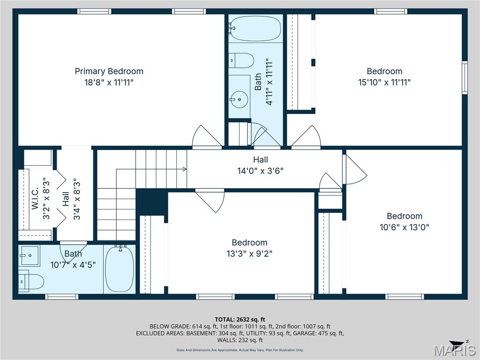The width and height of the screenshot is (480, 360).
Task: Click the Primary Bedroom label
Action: [x=109, y=71]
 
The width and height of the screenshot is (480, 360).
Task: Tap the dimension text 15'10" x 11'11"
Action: [x=384, y=82]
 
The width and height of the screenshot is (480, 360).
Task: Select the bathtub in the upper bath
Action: [x=256, y=29]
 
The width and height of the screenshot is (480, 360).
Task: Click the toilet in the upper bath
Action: [x=241, y=60]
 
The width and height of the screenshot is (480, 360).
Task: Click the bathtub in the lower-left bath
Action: [x=119, y=269]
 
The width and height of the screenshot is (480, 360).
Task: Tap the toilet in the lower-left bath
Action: [x=31, y=281]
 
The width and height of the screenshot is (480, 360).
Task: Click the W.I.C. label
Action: [x=35, y=199]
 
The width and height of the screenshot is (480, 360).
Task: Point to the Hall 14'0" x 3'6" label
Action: [x=260, y=165]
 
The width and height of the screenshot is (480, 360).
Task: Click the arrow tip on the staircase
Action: [x=186, y=169]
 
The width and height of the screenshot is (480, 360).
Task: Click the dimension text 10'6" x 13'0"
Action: [x=404, y=227]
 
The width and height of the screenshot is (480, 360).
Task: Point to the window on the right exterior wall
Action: [x=465, y=77]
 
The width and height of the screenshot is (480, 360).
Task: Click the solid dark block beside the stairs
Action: [x=151, y=202]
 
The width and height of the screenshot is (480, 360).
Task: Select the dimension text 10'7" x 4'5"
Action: [x=73, y=264]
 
